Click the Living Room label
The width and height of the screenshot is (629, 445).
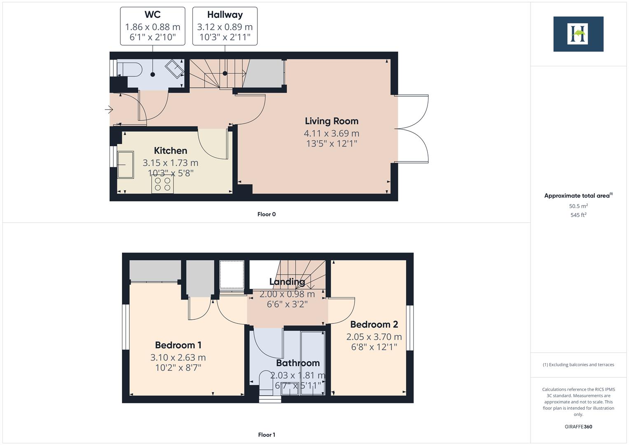coord(331,121)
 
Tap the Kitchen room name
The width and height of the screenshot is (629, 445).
coord(170,151)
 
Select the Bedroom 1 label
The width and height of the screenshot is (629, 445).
coord(178,345)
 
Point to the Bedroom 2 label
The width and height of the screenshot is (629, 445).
coord(374,325)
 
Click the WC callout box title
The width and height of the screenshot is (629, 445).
coord(152,15)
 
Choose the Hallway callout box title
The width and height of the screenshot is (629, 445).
coord(224,15)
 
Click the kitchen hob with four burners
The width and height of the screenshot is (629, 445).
coord(162,184)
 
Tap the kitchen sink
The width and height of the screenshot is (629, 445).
coord(126,164)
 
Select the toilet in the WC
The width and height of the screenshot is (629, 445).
coord(129,68)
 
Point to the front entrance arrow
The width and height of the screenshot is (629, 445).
coord(109,110)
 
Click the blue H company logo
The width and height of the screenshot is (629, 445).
coord(578,34)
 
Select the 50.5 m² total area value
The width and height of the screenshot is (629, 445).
coord(578,206)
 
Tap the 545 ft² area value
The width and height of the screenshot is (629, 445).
coord(578,215)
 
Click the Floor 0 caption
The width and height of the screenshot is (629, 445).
coord(266,214)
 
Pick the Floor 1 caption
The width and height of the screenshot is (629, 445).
coord(266,435)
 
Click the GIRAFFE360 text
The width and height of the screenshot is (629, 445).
coord(578,427)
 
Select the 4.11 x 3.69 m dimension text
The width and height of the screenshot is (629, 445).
coord(331,133)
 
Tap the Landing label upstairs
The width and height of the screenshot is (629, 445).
coord(287,282)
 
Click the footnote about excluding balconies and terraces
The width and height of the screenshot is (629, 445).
coord(578,365)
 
